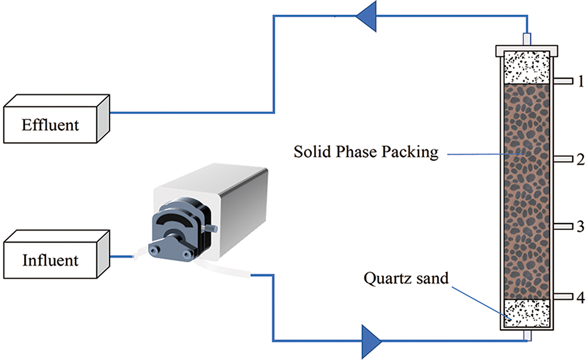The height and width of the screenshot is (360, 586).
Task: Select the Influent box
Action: pyautogui.click(x=50, y=259)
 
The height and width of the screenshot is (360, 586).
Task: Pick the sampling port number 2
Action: pyautogui.click(x=581, y=159)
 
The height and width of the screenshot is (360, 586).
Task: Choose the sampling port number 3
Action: pyautogui.click(x=581, y=226)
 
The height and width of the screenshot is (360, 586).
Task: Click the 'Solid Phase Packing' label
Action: pyautogui.click(x=366, y=151)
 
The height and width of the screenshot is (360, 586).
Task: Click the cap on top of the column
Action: pyautogui.click(x=527, y=51)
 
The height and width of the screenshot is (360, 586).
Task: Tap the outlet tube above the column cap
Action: pyautogui.click(x=527, y=39)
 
